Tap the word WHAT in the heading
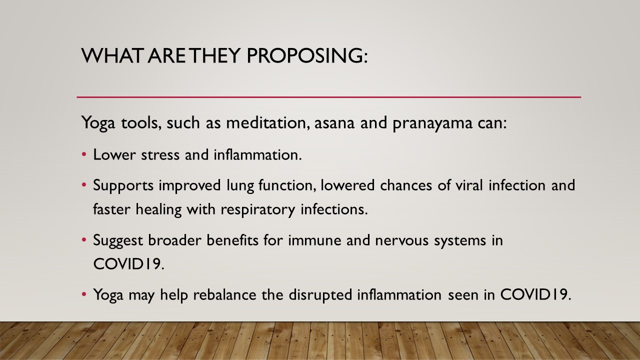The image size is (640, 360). pyautogui.click(x=111, y=55)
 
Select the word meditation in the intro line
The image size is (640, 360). pyautogui.click(x=267, y=122)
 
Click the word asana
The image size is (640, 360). pyautogui.click(x=334, y=123)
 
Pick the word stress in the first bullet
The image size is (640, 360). pyautogui.click(x=160, y=155)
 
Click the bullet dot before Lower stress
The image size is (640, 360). pyautogui.click(x=84, y=154)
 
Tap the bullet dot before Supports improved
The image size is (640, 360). pyautogui.click(x=84, y=185)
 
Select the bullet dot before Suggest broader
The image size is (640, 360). pyautogui.click(x=84, y=240)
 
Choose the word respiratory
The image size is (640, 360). pyautogui.click(x=257, y=210)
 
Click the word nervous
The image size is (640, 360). pyautogui.click(x=401, y=241)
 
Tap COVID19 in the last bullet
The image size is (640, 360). pyautogui.click(x=535, y=294)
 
